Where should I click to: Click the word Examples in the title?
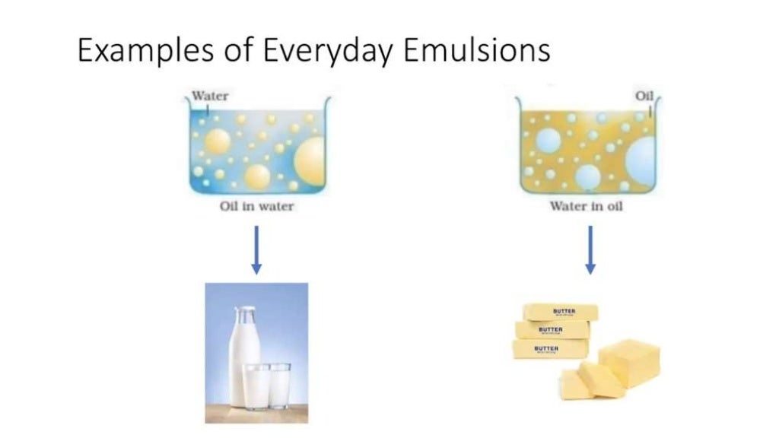pyautogui.click(x=135, y=51)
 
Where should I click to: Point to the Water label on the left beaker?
pyautogui.click(x=209, y=97)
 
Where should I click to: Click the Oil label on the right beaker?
pyautogui.click(x=644, y=96)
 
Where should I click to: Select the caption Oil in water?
pyautogui.click(x=256, y=207)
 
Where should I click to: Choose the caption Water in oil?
pyautogui.click(x=586, y=207)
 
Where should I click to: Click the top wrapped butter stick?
pyautogui.click(x=560, y=312)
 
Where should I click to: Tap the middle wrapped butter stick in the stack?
pyautogui.click(x=552, y=330)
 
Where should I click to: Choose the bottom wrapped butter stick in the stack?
pyautogui.click(x=549, y=349)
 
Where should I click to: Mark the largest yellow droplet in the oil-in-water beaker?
pyautogui.click(x=310, y=158)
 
